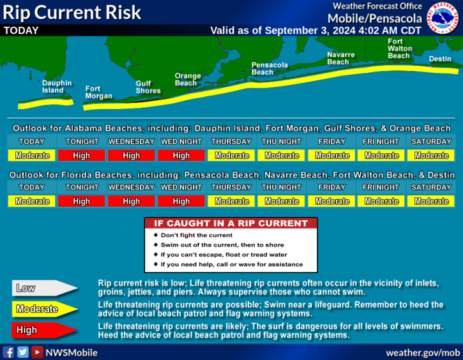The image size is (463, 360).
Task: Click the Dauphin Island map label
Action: point(57,87)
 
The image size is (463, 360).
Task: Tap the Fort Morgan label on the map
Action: point(98,93)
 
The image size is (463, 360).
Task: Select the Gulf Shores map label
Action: point(148,87)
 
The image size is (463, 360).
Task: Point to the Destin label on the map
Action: point(440,59)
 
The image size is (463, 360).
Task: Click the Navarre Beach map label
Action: point(341,59)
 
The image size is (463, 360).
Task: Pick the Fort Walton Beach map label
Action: point(400,49)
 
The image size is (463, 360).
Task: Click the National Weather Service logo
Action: point(443,18)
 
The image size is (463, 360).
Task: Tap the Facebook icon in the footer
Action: point(8,352)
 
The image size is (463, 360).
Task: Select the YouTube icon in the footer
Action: point(37,352)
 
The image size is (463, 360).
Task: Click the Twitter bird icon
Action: point(23,352)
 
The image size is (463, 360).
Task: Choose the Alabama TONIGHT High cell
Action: point(82,156)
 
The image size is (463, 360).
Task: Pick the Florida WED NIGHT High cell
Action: point(181,201)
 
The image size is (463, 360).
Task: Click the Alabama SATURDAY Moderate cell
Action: point(431,156)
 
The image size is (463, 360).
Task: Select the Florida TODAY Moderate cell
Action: point(31,201)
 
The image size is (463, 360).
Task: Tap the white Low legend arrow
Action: point(45,288)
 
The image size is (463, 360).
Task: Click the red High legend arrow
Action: point(45,330)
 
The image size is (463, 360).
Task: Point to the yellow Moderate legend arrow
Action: point(45,309)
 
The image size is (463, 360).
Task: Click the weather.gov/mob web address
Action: point(423,352)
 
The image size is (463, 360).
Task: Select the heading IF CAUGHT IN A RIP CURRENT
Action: point(231,223)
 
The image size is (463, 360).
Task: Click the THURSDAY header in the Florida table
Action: point(231,188)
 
